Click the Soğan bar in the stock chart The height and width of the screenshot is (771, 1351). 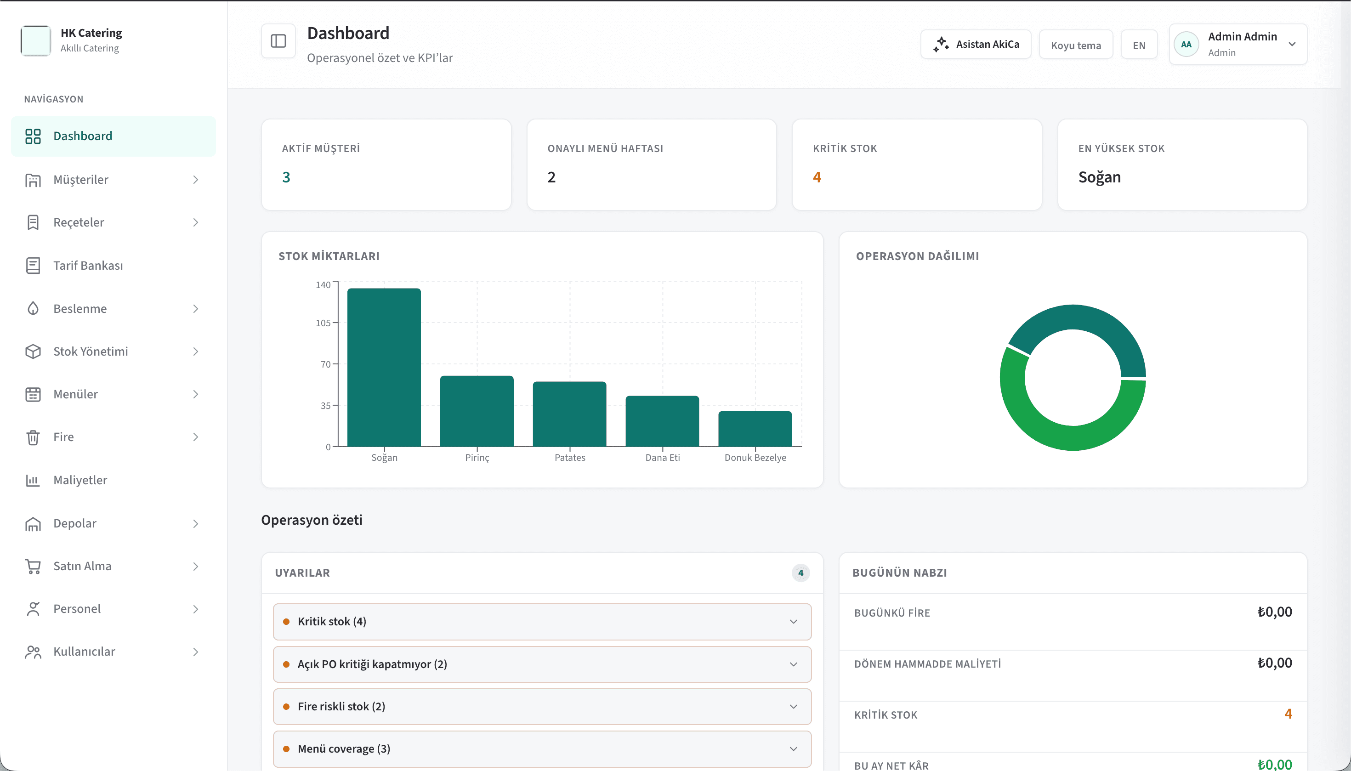(x=384, y=367)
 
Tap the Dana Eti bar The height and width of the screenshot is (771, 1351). (x=662, y=421)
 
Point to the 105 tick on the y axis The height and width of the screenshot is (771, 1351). (x=323, y=323)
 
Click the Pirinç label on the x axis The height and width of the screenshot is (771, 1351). (x=477, y=458)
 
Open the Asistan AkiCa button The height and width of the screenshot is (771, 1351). (x=976, y=45)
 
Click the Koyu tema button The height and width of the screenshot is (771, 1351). (x=1076, y=45)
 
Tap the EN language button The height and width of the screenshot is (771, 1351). (x=1139, y=45)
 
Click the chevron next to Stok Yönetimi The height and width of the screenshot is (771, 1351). (x=195, y=351)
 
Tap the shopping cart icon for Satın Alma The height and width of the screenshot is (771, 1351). (x=33, y=566)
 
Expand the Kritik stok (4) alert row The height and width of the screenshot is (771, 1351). (x=542, y=622)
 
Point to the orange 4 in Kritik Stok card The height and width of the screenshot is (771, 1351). (x=817, y=177)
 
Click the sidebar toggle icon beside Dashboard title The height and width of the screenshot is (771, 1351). (x=278, y=41)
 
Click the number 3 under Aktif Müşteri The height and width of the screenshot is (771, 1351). (x=286, y=177)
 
